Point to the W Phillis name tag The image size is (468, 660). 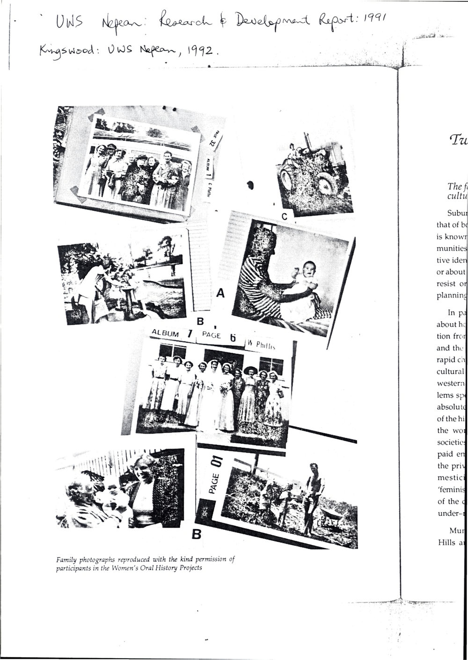pyautogui.click(x=265, y=346)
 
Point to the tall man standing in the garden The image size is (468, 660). pyautogui.click(x=313, y=496)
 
